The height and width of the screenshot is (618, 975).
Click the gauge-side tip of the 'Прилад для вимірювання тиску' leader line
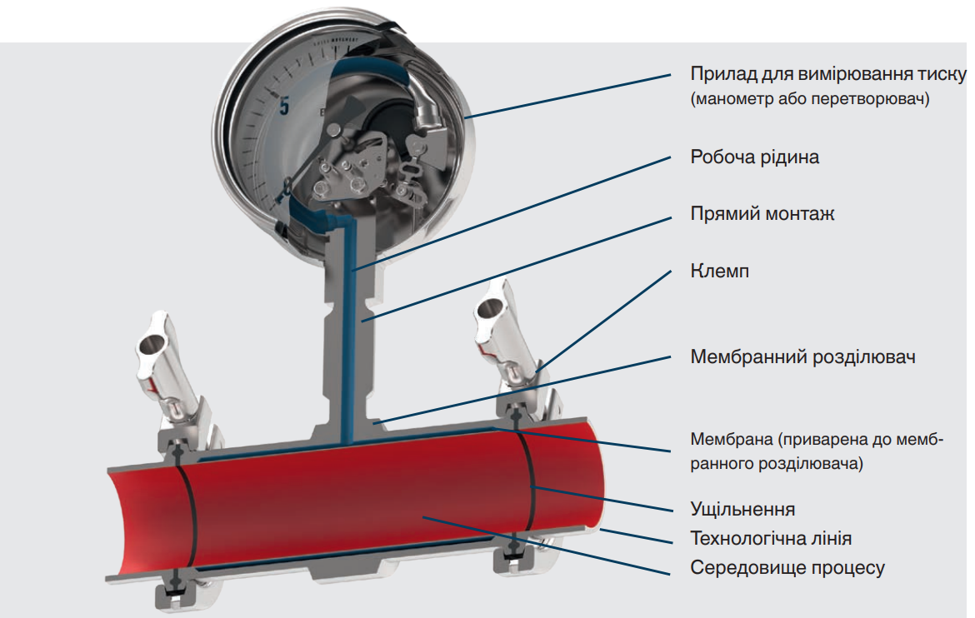click(465, 117)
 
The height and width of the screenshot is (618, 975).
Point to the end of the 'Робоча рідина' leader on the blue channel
click(352, 269)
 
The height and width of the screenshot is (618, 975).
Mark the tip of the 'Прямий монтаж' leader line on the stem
click(363, 321)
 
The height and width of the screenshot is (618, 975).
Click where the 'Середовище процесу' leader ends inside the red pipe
click(422, 516)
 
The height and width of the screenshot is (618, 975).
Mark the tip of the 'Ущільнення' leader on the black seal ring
click(532, 486)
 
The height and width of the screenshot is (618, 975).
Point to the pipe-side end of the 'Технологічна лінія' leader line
click(601, 529)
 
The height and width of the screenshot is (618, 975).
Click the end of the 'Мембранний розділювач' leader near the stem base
click(374, 422)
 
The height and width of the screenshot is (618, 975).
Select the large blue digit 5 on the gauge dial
click(284, 107)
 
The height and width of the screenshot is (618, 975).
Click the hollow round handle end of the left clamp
click(151, 343)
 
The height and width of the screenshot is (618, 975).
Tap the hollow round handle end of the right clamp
click(489, 308)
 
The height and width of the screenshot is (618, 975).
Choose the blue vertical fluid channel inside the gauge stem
click(349, 330)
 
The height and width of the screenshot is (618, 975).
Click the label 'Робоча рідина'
click(754, 157)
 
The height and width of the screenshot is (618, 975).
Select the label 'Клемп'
click(719, 271)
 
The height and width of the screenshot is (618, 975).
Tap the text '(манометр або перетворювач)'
click(810, 99)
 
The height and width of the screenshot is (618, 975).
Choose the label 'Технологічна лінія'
click(771, 538)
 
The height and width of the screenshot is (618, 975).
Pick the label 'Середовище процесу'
click(787, 568)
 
